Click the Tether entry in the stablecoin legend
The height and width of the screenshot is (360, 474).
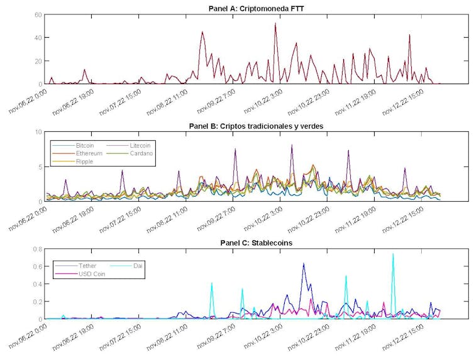click(87, 266)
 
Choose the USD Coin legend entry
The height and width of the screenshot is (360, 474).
click(92, 274)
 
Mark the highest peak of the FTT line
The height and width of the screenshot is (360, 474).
click(275, 24)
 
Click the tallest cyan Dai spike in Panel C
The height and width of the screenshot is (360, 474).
click(393, 254)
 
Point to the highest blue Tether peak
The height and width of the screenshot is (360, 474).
click(304, 264)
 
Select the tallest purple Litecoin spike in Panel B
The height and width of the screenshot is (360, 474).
click(292, 145)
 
